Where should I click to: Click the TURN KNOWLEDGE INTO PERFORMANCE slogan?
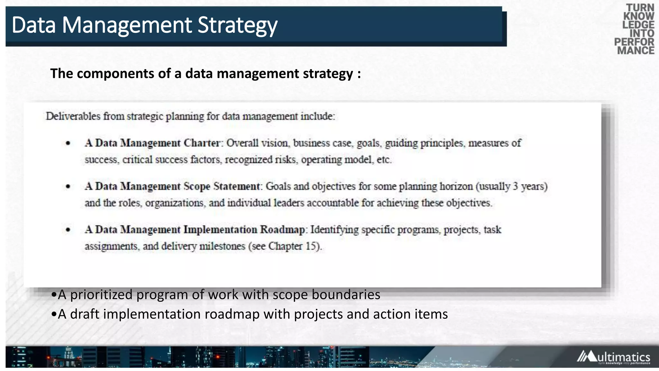635,29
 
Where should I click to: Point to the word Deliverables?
73,116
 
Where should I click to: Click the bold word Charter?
202,143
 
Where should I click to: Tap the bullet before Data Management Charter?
68,143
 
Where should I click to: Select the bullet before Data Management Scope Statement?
68,186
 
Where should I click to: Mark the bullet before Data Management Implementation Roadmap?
68,230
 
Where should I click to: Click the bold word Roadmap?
283,230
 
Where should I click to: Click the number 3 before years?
515,186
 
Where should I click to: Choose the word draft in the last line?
85,314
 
